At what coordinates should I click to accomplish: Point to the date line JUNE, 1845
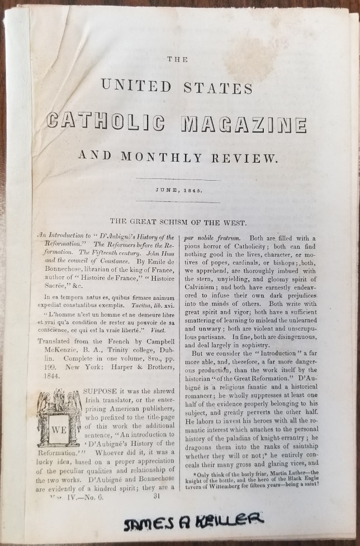[x=178, y=190]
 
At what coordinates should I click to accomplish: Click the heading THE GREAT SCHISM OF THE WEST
[x=178, y=223]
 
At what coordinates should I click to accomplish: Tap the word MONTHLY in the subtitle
[x=169, y=158]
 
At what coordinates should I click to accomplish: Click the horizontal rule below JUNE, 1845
[x=178, y=202]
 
